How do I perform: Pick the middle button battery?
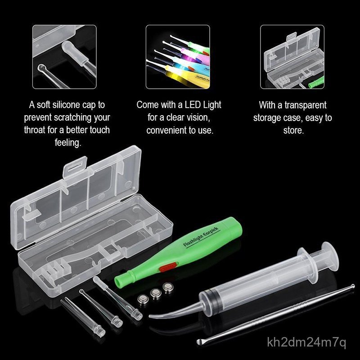[x=156, y=292]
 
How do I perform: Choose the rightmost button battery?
[x=167, y=287]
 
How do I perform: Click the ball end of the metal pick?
[x=352, y=286]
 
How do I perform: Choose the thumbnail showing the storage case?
[x=292, y=57]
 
